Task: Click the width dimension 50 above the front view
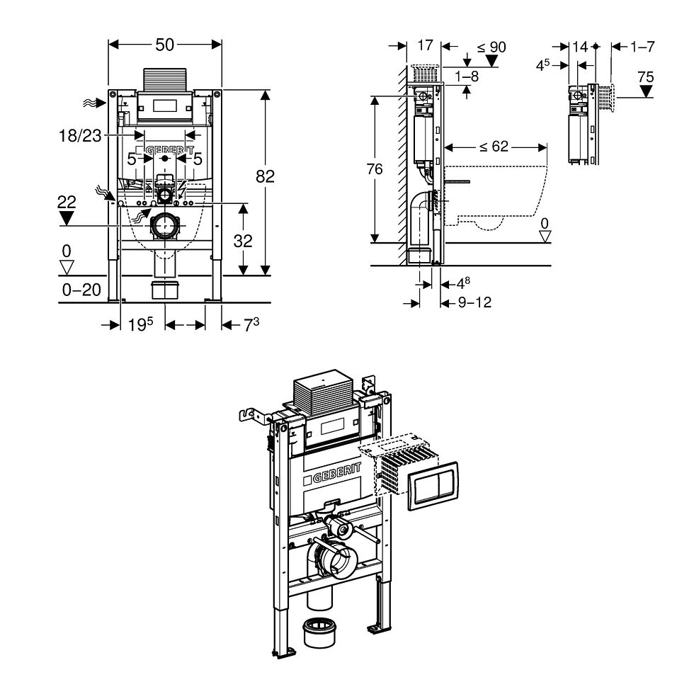[164, 45]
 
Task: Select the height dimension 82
[265, 176]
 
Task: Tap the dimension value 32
[243, 241]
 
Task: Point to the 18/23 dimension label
[80, 137]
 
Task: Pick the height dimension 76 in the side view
[375, 169]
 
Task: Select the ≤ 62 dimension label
[494, 147]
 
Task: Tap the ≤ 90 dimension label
[491, 47]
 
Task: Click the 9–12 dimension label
[474, 302]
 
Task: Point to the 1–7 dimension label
[642, 47]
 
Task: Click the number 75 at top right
[645, 76]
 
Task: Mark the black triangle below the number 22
[67, 219]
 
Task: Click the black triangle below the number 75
[645, 92]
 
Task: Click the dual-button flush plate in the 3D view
[434, 486]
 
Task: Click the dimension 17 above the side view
[424, 45]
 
